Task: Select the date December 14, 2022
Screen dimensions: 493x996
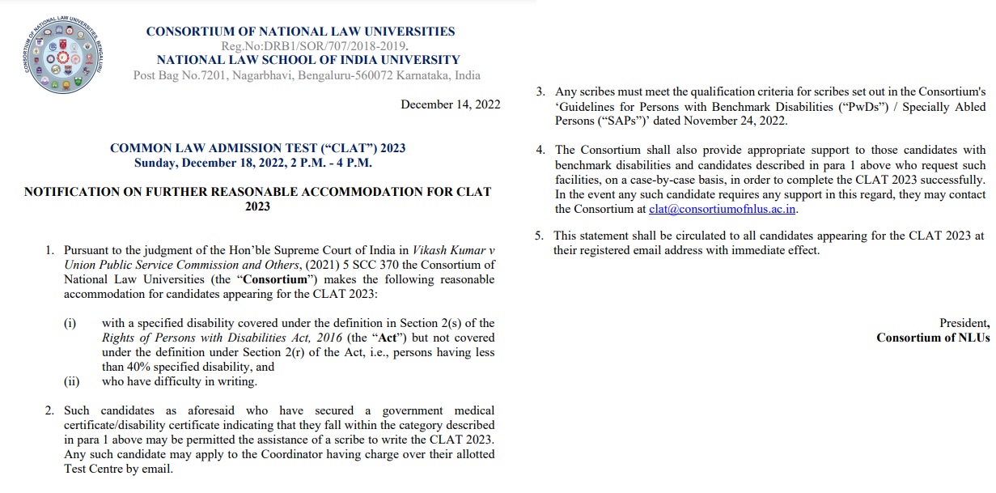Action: tap(451, 104)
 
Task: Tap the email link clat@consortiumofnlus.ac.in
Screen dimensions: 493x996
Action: tap(723, 209)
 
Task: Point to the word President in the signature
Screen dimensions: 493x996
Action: tap(963, 323)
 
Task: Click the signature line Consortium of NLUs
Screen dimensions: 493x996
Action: tap(932, 338)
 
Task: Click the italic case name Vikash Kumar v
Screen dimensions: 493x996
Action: tap(453, 250)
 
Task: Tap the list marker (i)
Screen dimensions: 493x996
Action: tap(70, 324)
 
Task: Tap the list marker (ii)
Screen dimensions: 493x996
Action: tap(72, 382)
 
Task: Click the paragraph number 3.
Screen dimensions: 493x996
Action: tap(540, 91)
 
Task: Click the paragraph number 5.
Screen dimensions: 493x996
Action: tap(540, 236)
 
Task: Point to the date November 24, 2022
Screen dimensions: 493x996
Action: tap(736, 121)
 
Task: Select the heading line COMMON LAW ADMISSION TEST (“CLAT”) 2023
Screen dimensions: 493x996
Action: tap(257, 148)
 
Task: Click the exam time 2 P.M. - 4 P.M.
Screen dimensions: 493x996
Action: tap(328, 163)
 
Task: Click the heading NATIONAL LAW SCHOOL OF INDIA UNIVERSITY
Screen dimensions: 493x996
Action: tap(307, 60)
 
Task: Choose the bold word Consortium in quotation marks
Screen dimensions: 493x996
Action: tap(269, 279)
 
